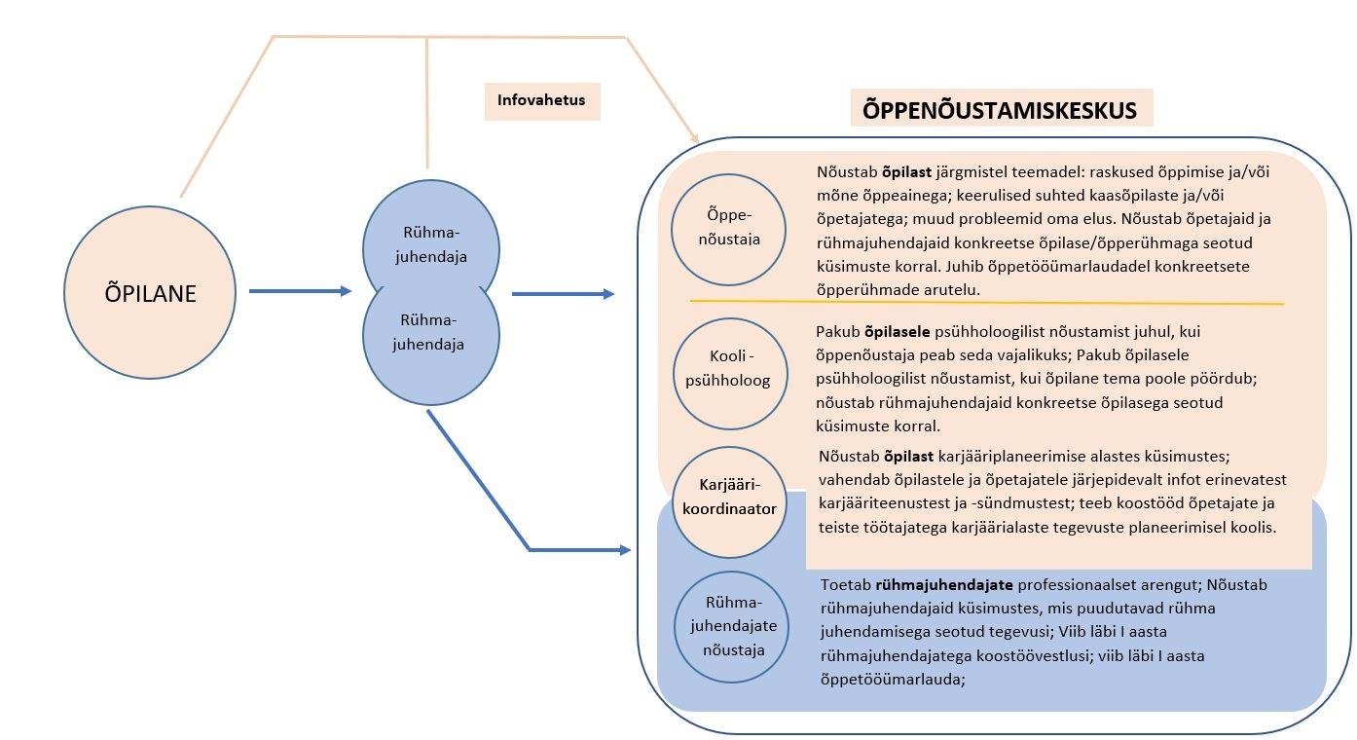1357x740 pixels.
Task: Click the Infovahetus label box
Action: (x=542, y=100)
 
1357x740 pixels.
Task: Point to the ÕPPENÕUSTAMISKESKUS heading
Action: (x=1000, y=109)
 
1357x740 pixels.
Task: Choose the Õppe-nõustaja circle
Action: (x=729, y=228)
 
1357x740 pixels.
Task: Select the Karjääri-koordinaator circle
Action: (x=729, y=499)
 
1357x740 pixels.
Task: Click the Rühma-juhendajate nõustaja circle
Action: (x=732, y=627)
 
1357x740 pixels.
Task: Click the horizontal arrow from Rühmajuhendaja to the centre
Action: (x=563, y=293)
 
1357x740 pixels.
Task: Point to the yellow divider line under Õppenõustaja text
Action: (x=986, y=303)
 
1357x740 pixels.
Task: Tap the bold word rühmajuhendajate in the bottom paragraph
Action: (x=945, y=585)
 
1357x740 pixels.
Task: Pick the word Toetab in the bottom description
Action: (x=846, y=585)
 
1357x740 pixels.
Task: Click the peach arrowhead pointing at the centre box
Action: (x=693, y=137)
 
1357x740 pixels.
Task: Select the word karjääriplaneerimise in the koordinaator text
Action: (x=1014, y=456)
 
